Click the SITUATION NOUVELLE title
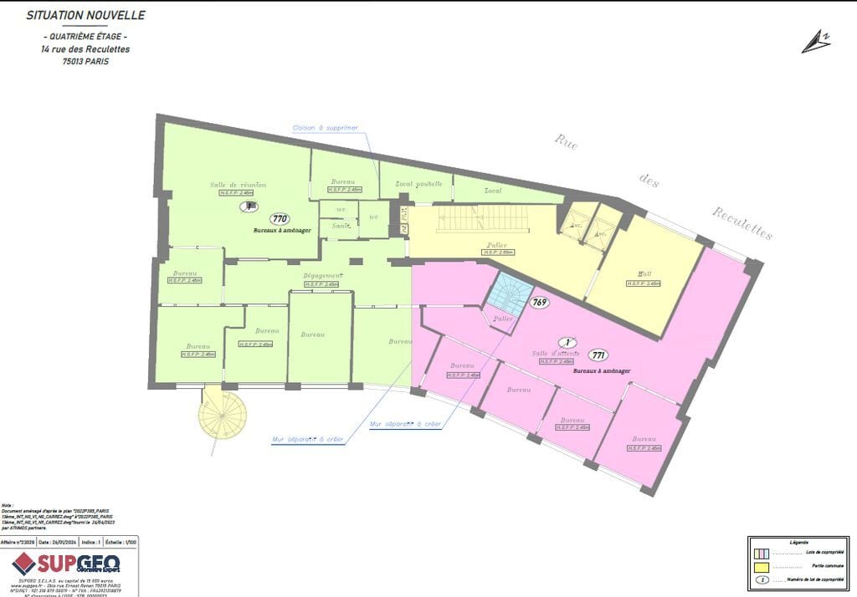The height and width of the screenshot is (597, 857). [x=85, y=15]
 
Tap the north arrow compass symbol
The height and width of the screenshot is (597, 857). [x=815, y=41]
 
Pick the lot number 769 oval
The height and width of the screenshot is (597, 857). [x=539, y=302]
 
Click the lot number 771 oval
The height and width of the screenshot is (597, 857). [x=598, y=355]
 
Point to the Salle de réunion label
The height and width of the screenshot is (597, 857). [x=239, y=185]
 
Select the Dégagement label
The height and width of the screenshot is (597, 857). [x=322, y=276]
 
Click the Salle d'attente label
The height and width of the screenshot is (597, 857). [x=556, y=354]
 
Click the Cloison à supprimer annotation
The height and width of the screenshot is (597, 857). [x=325, y=128]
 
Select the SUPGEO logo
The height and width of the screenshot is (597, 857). [x=67, y=564]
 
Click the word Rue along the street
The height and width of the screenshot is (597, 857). [x=567, y=141]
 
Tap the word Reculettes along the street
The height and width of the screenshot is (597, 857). [x=742, y=222]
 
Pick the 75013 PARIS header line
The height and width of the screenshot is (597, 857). [x=85, y=61]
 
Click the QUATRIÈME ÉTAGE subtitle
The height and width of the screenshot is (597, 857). [x=85, y=38]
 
